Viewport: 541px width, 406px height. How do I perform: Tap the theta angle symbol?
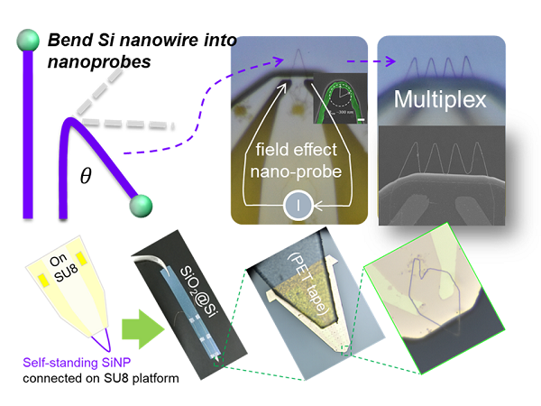tap(87, 176)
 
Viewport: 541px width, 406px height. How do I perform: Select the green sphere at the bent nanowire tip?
tap(140, 208)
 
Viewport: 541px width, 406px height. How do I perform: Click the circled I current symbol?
tap(299, 207)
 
